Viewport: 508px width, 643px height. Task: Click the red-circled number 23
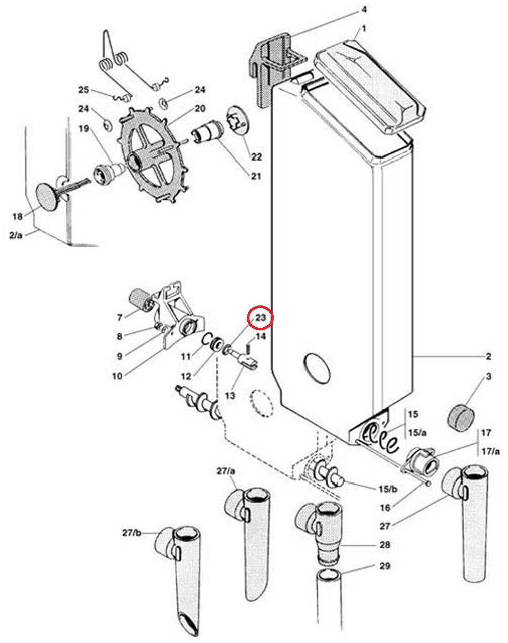[x=260, y=318]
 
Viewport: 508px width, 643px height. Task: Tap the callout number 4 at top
[x=364, y=9]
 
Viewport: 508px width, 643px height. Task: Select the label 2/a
[x=16, y=235]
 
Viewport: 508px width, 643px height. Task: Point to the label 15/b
[x=388, y=489]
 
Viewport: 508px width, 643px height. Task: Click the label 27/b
[x=132, y=533]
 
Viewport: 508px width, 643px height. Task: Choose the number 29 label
[x=385, y=566]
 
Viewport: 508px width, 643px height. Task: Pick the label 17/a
[x=490, y=451]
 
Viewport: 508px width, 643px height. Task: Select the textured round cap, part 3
[x=461, y=417]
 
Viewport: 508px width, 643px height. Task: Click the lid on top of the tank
[x=370, y=87]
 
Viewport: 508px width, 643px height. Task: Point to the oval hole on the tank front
[x=317, y=368]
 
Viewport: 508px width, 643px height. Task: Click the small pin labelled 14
[x=248, y=348]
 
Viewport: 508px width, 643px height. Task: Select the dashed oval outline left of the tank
[x=262, y=403]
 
